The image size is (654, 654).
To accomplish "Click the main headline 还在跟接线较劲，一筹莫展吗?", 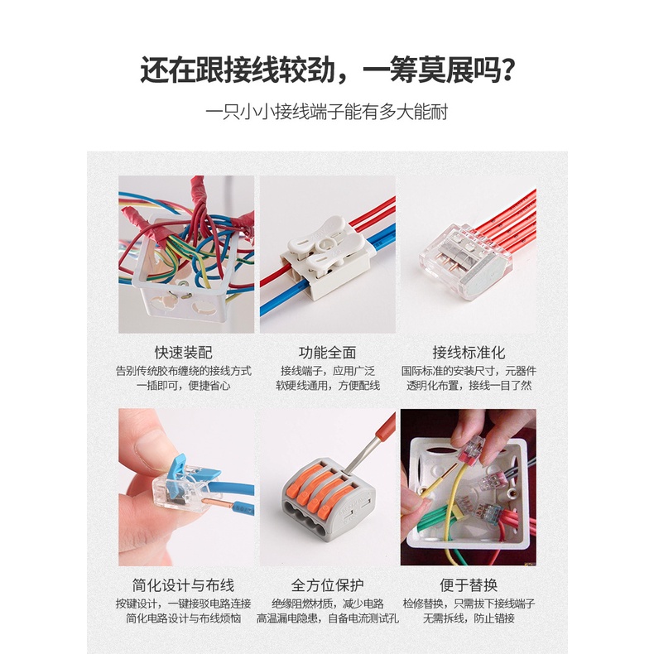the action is tap(328, 70).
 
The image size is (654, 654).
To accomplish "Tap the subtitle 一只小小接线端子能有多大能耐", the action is tap(327, 112).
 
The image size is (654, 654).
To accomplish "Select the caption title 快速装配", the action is tap(184, 353).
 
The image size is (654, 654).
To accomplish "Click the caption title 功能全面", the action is tap(328, 353).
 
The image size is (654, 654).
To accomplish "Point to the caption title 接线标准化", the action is tap(469, 353).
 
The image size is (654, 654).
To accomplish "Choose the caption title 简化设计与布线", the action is tap(184, 585).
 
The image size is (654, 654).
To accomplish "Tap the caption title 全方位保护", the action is tap(328, 585).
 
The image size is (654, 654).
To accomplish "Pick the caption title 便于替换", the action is tap(469, 585).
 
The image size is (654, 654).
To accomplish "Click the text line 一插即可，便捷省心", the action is tap(184, 386).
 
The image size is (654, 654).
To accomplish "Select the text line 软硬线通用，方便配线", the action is tap(328, 386).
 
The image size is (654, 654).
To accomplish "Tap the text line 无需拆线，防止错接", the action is tap(469, 618).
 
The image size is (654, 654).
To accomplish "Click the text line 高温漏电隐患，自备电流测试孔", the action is tap(328, 618).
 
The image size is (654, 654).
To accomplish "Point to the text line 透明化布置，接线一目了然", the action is tap(469, 386).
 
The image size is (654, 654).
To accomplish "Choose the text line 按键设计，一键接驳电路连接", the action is tap(184, 604).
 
